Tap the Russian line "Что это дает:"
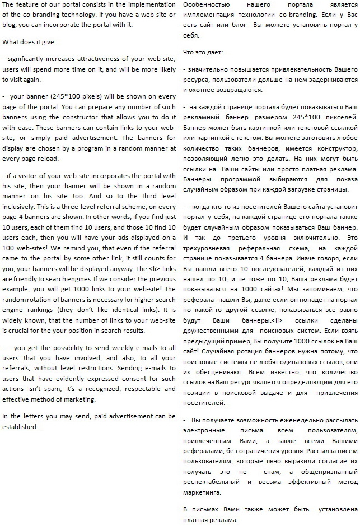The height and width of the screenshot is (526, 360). click(203, 52)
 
